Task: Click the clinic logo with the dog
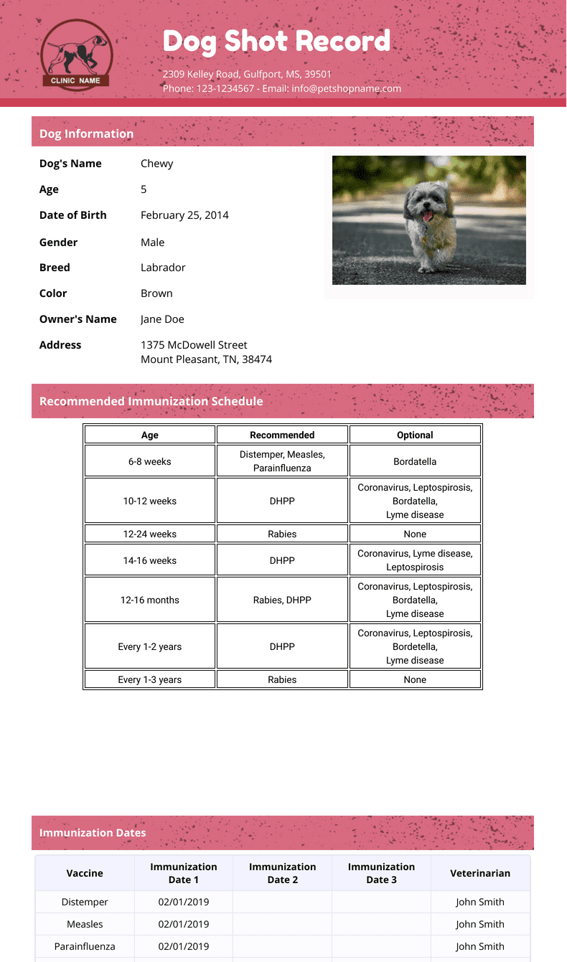pyautogui.click(x=75, y=55)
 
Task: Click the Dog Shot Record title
pyautogui.click(x=276, y=41)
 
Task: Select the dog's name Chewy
pyautogui.click(x=156, y=164)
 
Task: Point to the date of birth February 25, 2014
pyautogui.click(x=184, y=215)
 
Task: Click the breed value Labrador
pyautogui.click(x=163, y=268)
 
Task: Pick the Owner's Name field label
pyautogui.click(x=78, y=319)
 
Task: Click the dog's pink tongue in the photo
pyautogui.click(x=428, y=215)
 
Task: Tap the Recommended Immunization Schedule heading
pyautogui.click(x=151, y=401)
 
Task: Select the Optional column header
pyautogui.click(x=415, y=435)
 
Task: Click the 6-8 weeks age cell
pyautogui.click(x=150, y=461)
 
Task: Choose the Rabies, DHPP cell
pyautogui.click(x=282, y=600)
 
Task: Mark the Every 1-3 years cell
pyautogui.click(x=150, y=679)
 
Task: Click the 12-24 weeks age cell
pyautogui.click(x=150, y=534)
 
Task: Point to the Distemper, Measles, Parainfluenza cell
pyautogui.click(x=282, y=461)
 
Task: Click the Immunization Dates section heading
pyautogui.click(x=93, y=833)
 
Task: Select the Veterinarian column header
pyautogui.click(x=480, y=873)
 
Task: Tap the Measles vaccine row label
pyautogui.click(x=85, y=924)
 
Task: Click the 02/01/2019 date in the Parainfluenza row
pyautogui.click(x=184, y=946)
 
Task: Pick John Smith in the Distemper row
pyautogui.click(x=480, y=902)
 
